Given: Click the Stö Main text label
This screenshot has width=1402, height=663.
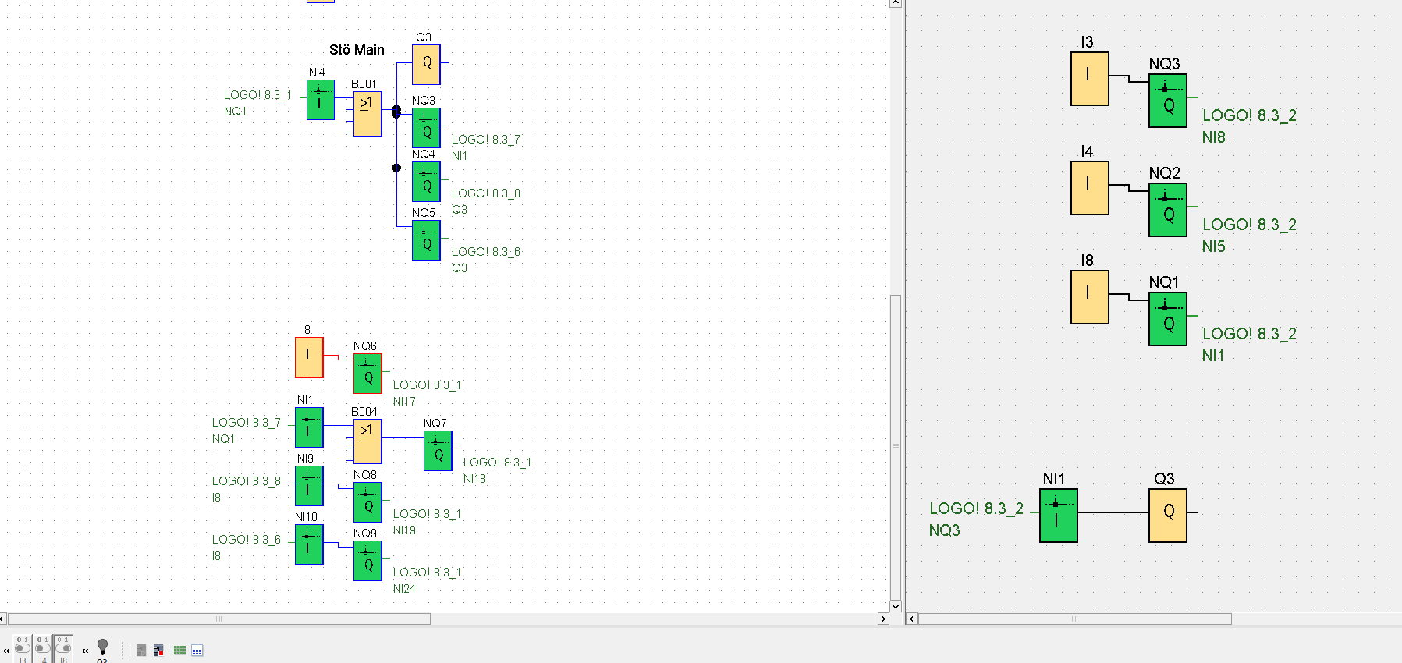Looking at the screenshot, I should point(357,50).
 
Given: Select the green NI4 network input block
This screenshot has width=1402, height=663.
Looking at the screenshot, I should point(321,100).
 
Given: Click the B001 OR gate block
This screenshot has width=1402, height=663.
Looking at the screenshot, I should point(367,114).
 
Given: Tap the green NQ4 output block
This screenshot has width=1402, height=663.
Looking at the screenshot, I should point(426,182).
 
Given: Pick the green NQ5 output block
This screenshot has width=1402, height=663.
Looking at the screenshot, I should point(426,240).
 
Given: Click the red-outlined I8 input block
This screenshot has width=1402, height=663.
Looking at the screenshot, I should point(309,357).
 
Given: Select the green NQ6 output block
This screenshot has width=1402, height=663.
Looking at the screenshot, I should point(367,374).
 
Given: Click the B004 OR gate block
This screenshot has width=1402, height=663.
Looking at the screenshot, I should point(367,441).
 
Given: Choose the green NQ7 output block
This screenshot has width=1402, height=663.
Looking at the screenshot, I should point(438,451).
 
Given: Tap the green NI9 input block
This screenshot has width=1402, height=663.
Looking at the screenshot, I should point(309,485).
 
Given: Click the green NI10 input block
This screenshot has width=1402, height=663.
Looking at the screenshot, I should point(309,544).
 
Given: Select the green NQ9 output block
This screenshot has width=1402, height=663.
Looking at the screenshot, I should point(367,561).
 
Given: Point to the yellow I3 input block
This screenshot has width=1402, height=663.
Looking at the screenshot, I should point(1090,79).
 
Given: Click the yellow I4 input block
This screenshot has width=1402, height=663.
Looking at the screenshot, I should point(1090,188).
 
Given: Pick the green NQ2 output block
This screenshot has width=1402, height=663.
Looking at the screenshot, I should point(1168,210).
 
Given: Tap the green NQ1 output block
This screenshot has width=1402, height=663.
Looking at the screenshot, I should point(1168,319).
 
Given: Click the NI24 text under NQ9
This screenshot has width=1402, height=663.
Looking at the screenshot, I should point(404,589).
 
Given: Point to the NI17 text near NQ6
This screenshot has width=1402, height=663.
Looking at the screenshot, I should point(404,402).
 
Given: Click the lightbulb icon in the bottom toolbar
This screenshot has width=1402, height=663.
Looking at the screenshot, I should point(102,647).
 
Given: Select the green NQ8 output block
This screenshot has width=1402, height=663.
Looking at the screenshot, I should point(367,502).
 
